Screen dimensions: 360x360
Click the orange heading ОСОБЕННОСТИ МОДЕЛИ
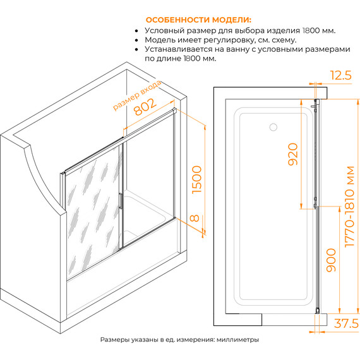pos(198,20)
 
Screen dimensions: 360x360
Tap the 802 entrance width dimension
pos(145,107)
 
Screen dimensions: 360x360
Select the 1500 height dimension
pos(196,180)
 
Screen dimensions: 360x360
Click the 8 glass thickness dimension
pos(195,218)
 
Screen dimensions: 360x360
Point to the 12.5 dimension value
pos(340,75)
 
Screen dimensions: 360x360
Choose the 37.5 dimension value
pos(346,323)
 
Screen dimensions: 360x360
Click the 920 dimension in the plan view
pos(292,154)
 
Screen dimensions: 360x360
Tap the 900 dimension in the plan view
pos(331,260)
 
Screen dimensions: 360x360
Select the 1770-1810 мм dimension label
pos(349,207)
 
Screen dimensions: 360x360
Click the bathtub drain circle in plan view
pos(273,127)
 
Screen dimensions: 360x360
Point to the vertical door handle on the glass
pos(120,201)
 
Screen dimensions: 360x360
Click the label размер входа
pos(137,96)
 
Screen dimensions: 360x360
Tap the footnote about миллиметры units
pos(179,340)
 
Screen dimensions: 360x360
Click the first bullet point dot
pos(136,31)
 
